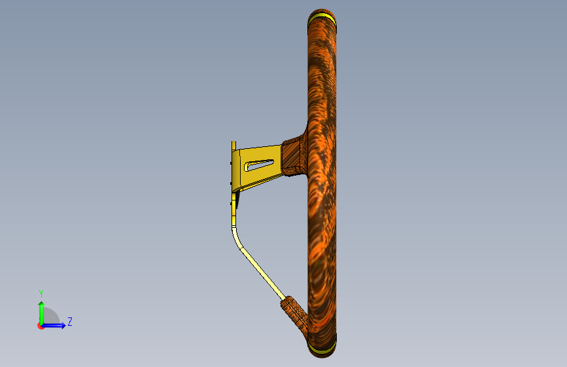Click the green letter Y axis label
(x=41, y=294)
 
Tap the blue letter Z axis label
(x=70, y=321)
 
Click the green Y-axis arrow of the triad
(x=41, y=313)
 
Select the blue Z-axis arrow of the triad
(x=54, y=325)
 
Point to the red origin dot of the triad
(x=41, y=326)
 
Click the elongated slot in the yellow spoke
(x=259, y=165)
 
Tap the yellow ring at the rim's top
(x=322, y=18)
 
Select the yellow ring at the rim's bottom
(x=322, y=347)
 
